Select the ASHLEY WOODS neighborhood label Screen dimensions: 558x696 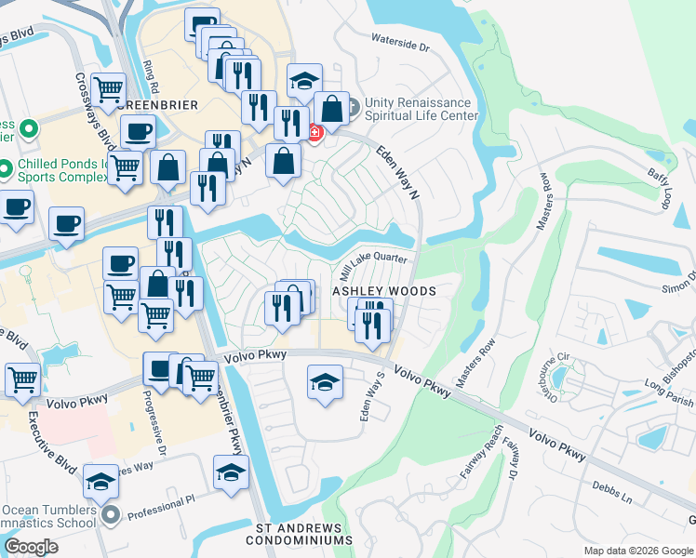point(385,291)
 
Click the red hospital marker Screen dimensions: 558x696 point(315,134)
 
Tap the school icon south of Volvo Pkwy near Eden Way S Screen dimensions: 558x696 point(324,382)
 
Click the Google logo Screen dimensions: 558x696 point(32,547)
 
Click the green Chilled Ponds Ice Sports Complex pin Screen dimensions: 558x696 point(28,169)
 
